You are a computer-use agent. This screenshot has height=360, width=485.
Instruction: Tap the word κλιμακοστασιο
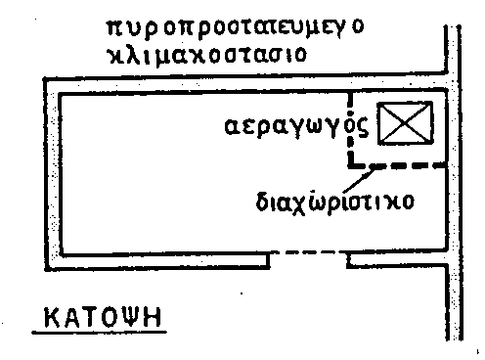pyautogui.click(x=206, y=55)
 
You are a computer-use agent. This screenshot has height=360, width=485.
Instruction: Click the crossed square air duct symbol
pyautogui.click(x=400, y=124)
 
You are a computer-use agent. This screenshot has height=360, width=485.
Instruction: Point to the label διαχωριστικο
pyautogui.click(x=333, y=203)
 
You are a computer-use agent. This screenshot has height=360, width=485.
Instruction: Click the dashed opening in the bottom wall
pyautogui.click(x=310, y=255)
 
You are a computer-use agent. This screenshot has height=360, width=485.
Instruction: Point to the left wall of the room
pyautogui.click(x=55, y=175)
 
